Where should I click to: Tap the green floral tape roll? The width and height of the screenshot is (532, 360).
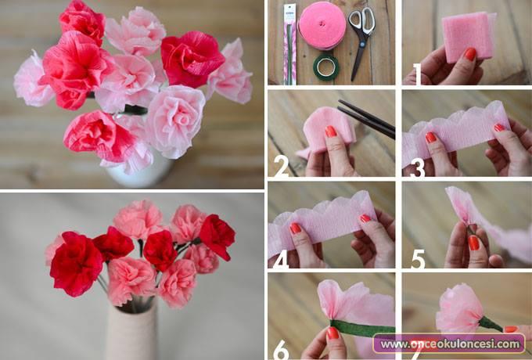click(325, 67)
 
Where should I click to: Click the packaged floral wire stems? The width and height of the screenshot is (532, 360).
click(289, 44)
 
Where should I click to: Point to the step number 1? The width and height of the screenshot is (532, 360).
click(417, 74)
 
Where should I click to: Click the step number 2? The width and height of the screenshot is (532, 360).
click(281, 166)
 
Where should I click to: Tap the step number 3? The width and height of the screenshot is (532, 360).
click(417, 167)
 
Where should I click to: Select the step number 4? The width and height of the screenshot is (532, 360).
click(281, 259)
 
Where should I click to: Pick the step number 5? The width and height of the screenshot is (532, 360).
click(418, 259)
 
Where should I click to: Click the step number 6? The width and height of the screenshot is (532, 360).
click(282, 350)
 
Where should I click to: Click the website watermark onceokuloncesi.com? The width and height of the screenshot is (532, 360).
click(449, 344)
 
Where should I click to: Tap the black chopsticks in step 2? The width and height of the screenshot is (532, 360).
click(366, 119)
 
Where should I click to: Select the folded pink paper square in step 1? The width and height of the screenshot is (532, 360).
click(469, 37)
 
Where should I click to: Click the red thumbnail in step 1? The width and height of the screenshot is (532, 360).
click(470, 54)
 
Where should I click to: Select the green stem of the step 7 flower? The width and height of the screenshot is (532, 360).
click(491, 324)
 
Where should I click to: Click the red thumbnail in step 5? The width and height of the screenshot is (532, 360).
click(473, 243)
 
